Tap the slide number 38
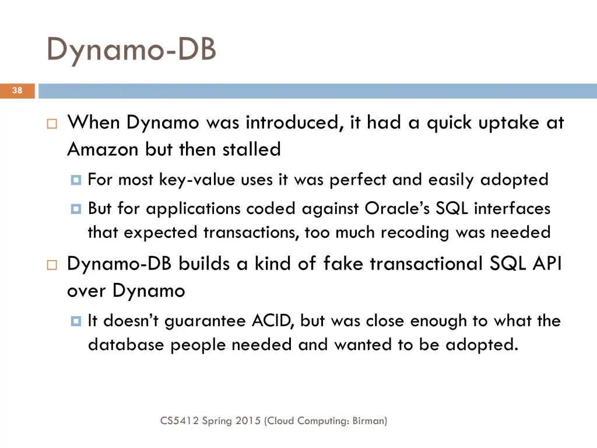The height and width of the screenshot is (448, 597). coord(17,91)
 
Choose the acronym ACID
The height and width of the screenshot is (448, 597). coord(273,321)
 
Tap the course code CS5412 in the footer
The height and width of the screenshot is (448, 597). coord(179,420)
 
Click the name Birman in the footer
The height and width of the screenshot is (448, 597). coord(369,420)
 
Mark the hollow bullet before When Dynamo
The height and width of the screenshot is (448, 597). coord(51,124)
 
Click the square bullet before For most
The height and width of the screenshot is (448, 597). coord(75,180)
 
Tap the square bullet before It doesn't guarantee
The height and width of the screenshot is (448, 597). coord(75,321)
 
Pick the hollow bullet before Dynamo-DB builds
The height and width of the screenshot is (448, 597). coord(51,265)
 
